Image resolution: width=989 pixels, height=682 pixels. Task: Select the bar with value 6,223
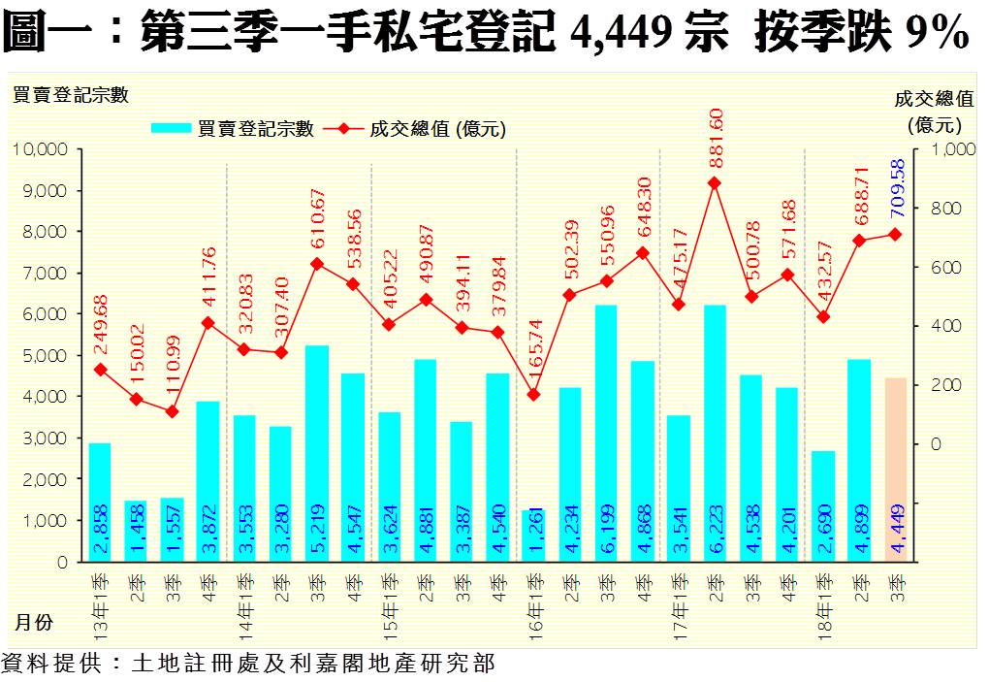(715, 433)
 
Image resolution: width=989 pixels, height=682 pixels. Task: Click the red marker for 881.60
(715, 182)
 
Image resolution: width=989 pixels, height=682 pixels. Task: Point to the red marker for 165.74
(534, 395)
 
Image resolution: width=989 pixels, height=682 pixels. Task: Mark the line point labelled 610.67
(317, 263)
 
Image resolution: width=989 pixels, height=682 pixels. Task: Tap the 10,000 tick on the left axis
(39, 149)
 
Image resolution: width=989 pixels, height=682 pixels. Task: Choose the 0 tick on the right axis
(936, 443)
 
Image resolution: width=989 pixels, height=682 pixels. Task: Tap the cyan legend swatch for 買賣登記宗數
(172, 129)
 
